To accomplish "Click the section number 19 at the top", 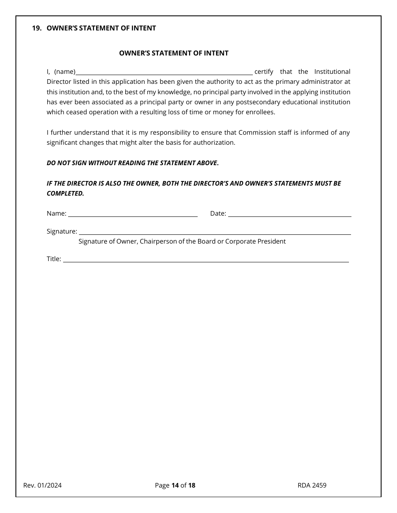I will pyautogui.click(x=36, y=28).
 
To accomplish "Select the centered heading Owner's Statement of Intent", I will pyautogui.click(x=174, y=53).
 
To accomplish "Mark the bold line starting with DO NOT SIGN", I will pyautogui.click(x=132, y=163).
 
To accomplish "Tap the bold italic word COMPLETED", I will pyautogui.click(x=65, y=194).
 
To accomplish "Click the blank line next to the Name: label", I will pyautogui.click(x=132, y=214).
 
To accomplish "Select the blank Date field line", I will pyautogui.click(x=289, y=214).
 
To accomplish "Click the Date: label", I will pyautogui.click(x=218, y=214).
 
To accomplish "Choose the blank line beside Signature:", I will pyautogui.click(x=215, y=232).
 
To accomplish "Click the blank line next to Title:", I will pyautogui.click(x=206, y=260).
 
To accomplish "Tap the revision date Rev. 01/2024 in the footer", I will pyautogui.click(x=43, y=485).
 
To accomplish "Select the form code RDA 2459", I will pyautogui.click(x=312, y=485).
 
